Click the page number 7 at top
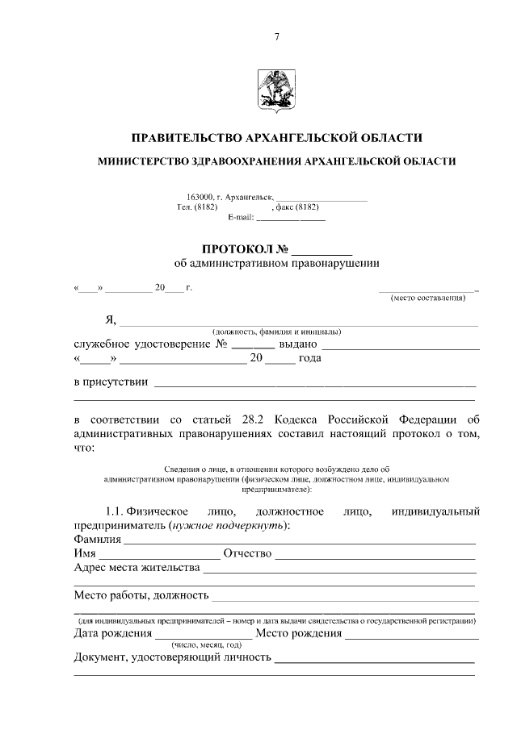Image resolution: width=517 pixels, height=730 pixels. point(276,36)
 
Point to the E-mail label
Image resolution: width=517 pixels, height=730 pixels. point(241,218)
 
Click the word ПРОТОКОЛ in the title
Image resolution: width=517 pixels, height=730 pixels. point(238,248)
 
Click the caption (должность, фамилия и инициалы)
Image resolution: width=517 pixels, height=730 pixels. point(276,332)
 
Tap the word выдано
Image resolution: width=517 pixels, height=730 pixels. point(292,344)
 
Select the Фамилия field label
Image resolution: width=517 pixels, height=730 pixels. point(97,539)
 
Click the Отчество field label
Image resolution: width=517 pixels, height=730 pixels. point(248,554)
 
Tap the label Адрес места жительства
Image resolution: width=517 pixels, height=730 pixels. point(137,569)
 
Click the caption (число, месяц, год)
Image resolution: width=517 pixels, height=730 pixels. point(206,645)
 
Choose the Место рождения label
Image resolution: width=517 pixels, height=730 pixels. point(298,634)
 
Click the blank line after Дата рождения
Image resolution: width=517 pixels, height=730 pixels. point(203,637)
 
